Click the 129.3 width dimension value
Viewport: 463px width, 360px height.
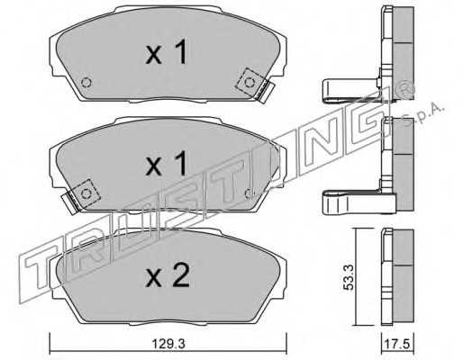click(168, 344)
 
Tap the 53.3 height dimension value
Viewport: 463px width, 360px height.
click(349, 277)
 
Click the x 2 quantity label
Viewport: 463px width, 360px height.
click(168, 275)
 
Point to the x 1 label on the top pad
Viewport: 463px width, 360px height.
click(167, 52)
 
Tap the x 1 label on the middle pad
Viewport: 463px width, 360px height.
click(167, 164)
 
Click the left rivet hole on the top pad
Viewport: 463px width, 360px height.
click(86, 82)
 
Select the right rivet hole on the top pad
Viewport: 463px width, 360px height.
click(250, 82)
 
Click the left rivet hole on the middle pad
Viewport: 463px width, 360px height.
click(86, 193)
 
